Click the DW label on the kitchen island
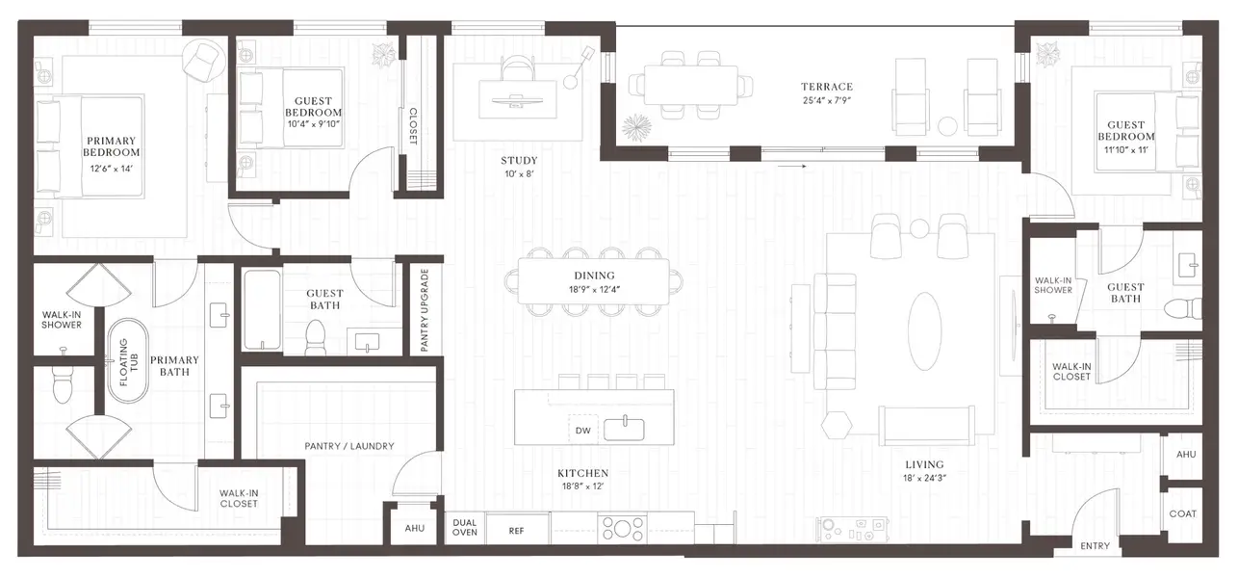582,430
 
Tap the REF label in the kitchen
517,530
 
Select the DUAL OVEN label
465,528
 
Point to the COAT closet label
1182,513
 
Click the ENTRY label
1095,546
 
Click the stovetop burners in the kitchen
622,528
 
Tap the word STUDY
519,161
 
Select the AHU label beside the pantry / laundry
414,528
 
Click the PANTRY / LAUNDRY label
349,446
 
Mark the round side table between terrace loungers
948,125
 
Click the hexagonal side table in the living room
838,423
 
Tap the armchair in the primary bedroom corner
203,61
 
